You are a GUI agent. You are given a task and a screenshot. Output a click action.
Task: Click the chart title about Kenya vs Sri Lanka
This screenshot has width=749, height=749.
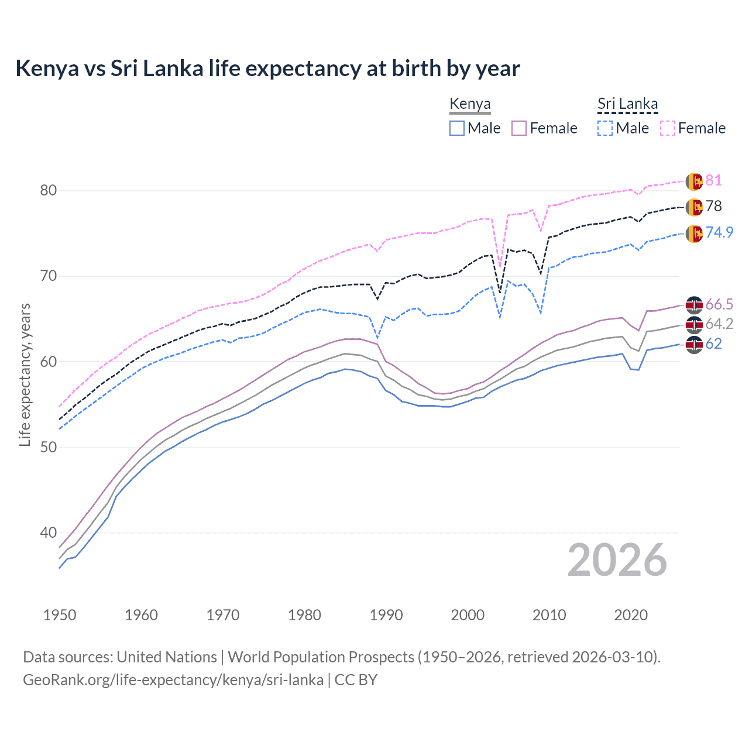(x=267, y=68)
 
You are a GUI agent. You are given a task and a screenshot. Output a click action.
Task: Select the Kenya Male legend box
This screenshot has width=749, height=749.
(x=457, y=128)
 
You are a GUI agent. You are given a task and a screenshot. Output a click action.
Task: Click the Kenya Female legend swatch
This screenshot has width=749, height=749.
(x=519, y=128)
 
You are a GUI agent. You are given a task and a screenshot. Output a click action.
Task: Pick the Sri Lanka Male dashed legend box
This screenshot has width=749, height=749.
(x=605, y=128)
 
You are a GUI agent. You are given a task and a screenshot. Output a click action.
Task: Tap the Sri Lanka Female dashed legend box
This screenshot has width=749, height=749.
(x=668, y=128)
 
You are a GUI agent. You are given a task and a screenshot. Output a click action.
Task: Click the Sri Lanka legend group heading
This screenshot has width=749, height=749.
(x=627, y=104)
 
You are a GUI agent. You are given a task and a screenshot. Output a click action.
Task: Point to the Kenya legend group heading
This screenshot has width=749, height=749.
(x=470, y=104)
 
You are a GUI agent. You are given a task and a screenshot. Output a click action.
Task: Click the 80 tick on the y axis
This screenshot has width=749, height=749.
(x=49, y=190)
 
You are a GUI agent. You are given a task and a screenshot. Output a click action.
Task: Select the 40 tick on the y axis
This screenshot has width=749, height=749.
(x=49, y=532)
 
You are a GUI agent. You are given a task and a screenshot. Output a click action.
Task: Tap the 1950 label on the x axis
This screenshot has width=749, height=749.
(x=60, y=615)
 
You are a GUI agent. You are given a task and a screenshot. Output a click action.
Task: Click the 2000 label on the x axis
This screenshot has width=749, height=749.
(x=468, y=615)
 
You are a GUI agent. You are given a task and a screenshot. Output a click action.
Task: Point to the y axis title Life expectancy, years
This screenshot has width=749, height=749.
(x=25, y=374)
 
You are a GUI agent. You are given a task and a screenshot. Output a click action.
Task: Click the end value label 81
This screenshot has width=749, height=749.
(x=713, y=180)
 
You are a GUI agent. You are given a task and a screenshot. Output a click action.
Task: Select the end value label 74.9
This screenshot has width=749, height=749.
(x=719, y=232)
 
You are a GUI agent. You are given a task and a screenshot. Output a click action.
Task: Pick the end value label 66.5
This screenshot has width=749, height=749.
(x=719, y=304)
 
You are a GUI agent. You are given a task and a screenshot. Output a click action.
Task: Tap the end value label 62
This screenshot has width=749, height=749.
(x=713, y=343)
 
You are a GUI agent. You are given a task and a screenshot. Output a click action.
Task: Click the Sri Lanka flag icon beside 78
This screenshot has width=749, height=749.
(x=694, y=207)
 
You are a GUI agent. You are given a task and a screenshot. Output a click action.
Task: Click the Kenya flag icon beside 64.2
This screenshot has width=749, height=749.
(x=694, y=324)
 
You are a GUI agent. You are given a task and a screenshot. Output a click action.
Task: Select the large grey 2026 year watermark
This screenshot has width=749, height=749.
(x=617, y=560)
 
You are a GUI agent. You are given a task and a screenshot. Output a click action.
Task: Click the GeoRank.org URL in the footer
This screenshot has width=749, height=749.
(x=173, y=680)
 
